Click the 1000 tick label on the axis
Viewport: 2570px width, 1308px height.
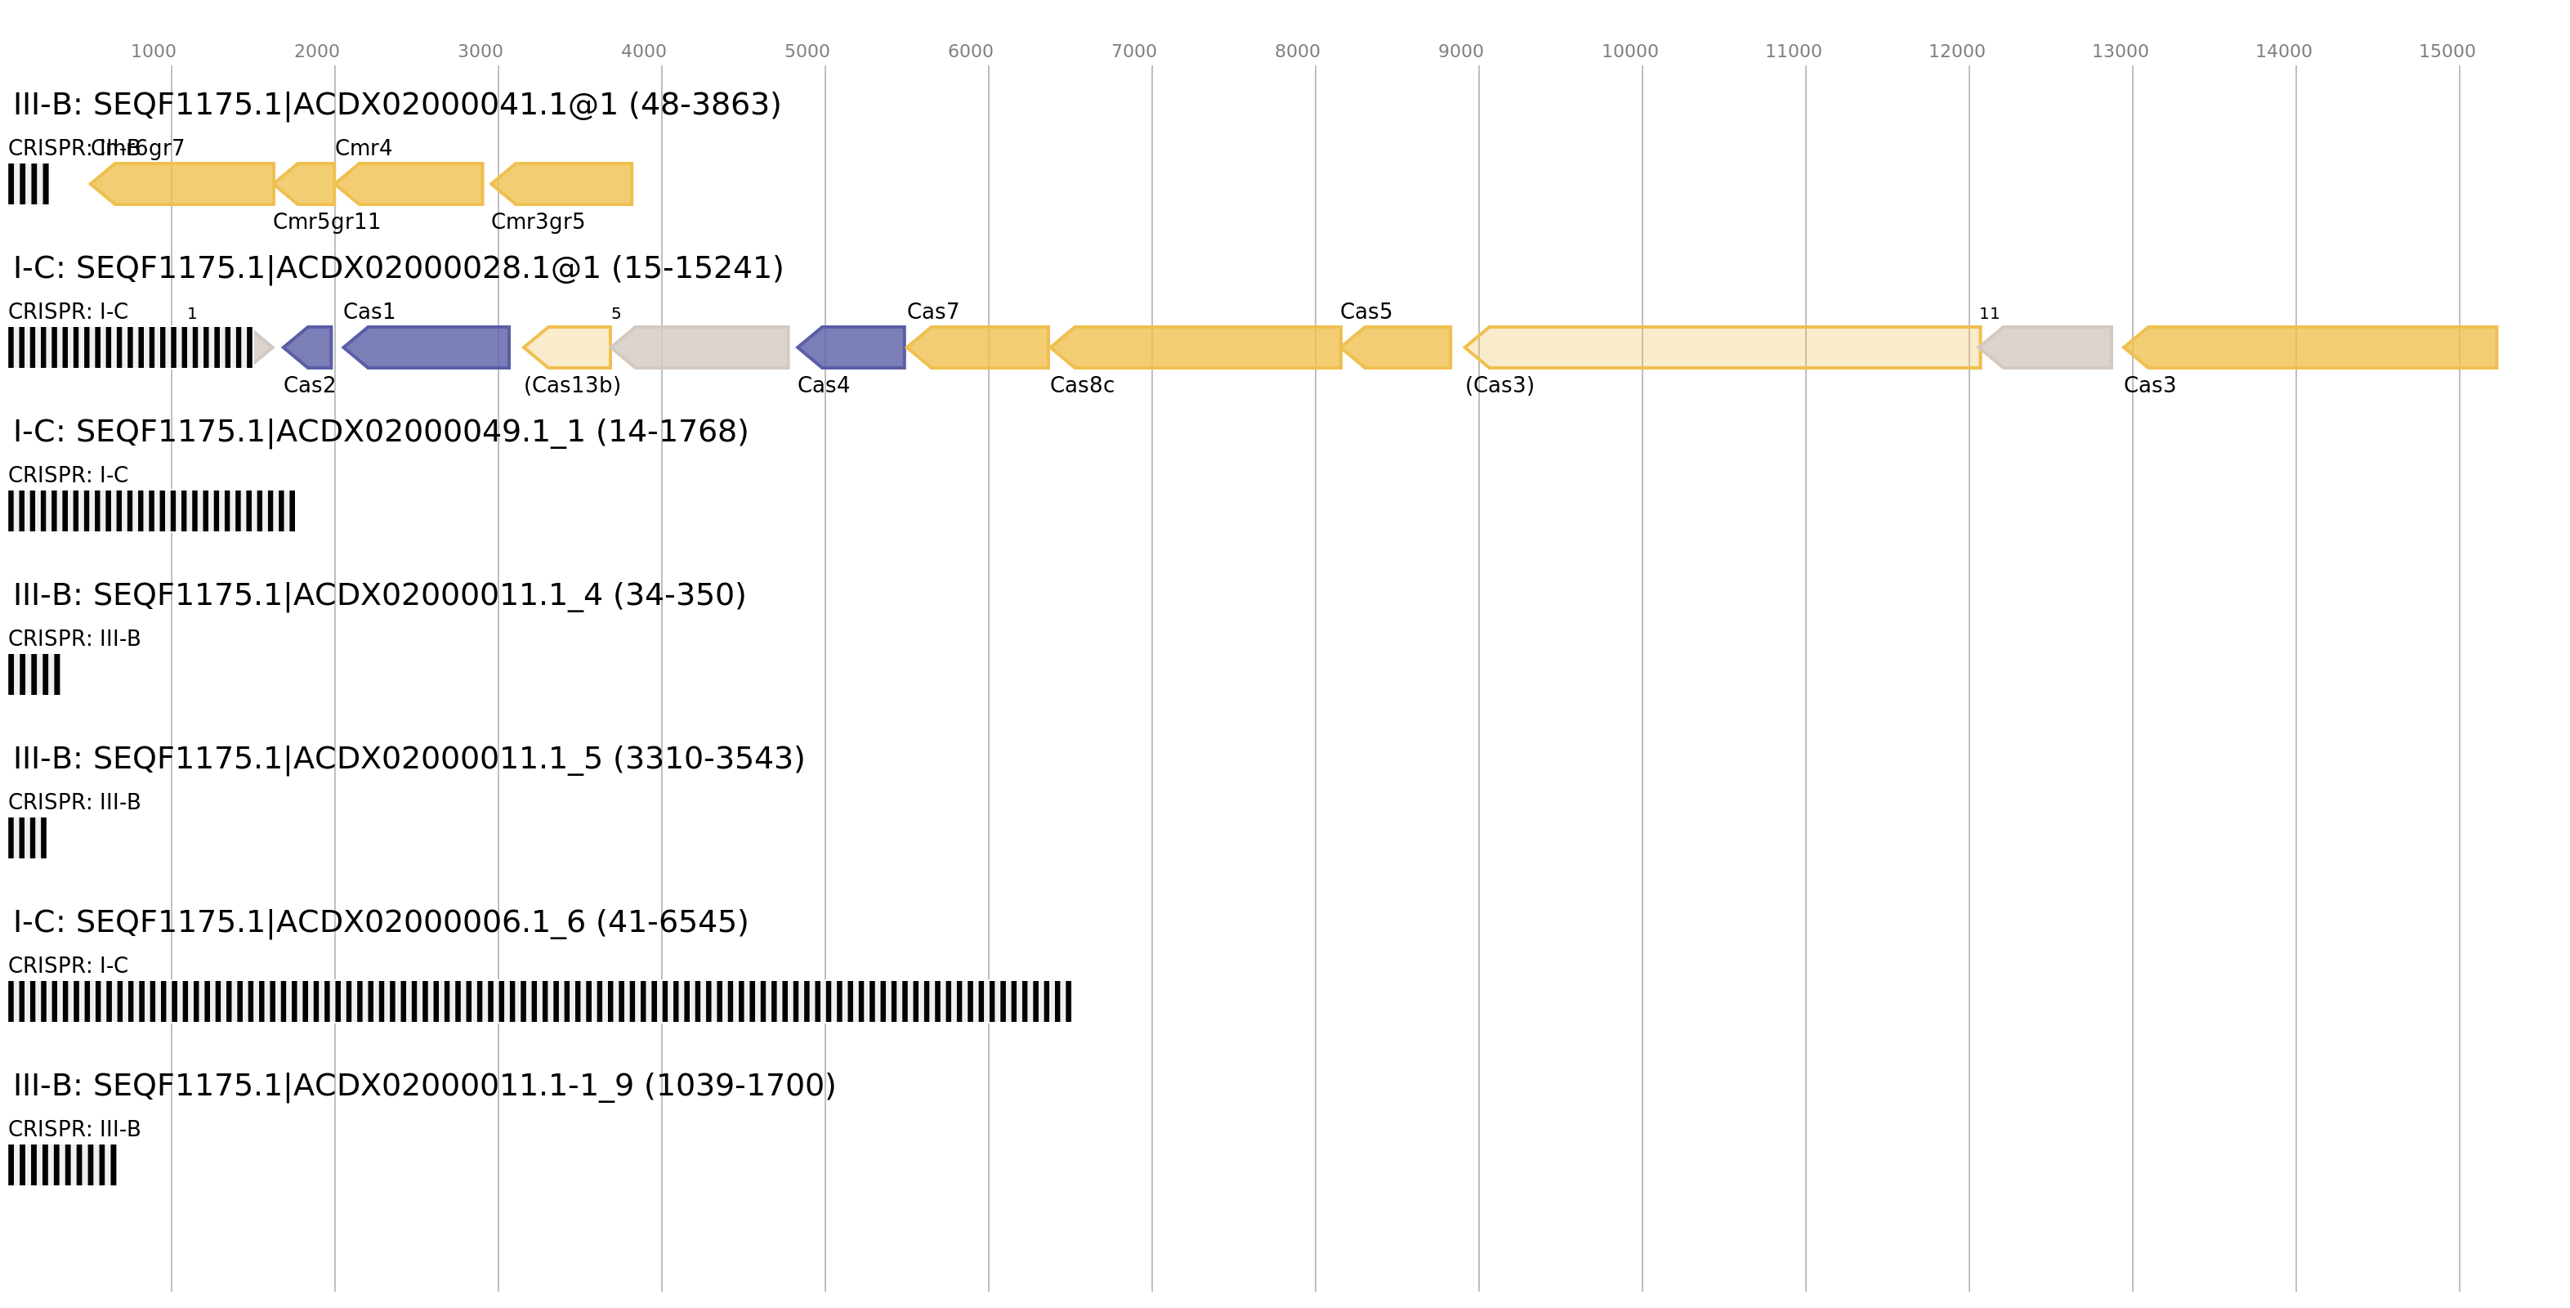pyautogui.click(x=153, y=52)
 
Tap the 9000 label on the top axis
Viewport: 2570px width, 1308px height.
pyautogui.click(x=1459, y=52)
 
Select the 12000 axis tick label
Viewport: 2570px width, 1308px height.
pyautogui.click(x=1956, y=52)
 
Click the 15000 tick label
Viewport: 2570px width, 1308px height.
pyautogui.click(x=2447, y=52)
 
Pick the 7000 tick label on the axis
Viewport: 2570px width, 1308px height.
pyautogui.click(x=1133, y=52)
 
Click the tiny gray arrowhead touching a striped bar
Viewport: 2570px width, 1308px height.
pyautogui.click(x=262, y=347)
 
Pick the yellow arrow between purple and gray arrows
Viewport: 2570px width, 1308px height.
pyautogui.click(x=568, y=347)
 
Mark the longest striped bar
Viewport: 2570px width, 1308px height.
pyautogui.click(x=539, y=1001)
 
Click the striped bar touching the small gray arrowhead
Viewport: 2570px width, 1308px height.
pyautogui.click(x=130, y=347)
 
